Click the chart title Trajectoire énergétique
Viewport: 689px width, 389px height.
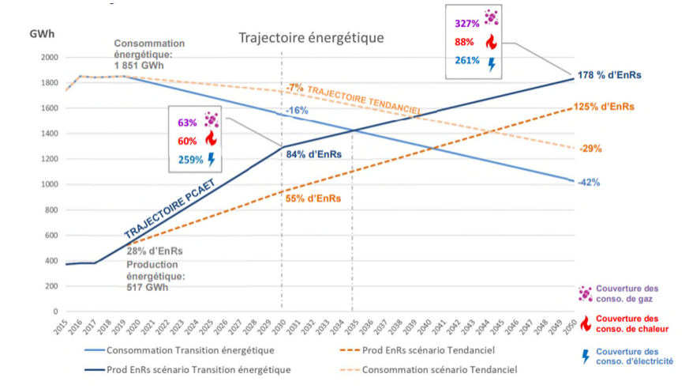[312, 38]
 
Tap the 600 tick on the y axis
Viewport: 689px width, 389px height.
[50, 236]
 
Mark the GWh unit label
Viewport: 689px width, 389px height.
[43, 35]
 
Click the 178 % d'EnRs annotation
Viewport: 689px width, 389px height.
[609, 76]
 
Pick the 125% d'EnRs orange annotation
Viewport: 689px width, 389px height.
[605, 107]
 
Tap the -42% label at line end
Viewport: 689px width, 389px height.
[588, 183]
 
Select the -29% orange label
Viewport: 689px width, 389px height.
[590, 149]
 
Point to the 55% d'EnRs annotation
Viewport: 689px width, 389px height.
[314, 198]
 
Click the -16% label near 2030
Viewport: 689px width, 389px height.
[297, 111]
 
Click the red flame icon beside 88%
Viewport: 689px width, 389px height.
[492, 41]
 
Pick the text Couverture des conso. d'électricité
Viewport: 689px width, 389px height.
[635, 356]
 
